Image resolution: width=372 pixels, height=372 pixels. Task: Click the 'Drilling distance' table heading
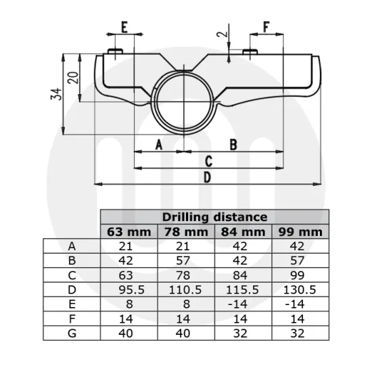click(x=214, y=217)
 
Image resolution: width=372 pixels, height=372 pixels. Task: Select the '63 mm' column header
click(x=129, y=232)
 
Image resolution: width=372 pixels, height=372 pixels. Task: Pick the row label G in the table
click(x=72, y=333)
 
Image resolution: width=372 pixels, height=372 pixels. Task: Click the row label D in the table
click(x=72, y=289)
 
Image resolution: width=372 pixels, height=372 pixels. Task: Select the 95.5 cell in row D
click(x=129, y=289)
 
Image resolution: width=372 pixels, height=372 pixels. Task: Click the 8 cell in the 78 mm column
click(x=186, y=304)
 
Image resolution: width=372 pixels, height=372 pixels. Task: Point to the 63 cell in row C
click(x=129, y=275)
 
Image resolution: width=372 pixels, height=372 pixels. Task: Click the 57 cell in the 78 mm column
click(x=186, y=261)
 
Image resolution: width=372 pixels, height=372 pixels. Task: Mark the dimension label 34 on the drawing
click(x=57, y=94)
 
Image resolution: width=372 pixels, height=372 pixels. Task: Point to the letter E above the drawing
click(x=124, y=28)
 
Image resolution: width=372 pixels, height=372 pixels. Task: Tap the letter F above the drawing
click(x=266, y=28)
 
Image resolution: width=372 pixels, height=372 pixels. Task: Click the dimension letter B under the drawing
click(x=233, y=144)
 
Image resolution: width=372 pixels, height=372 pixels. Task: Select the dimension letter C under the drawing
click(x=209, y=161)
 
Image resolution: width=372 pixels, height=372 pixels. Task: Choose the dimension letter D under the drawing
click(x=208, y=177)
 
